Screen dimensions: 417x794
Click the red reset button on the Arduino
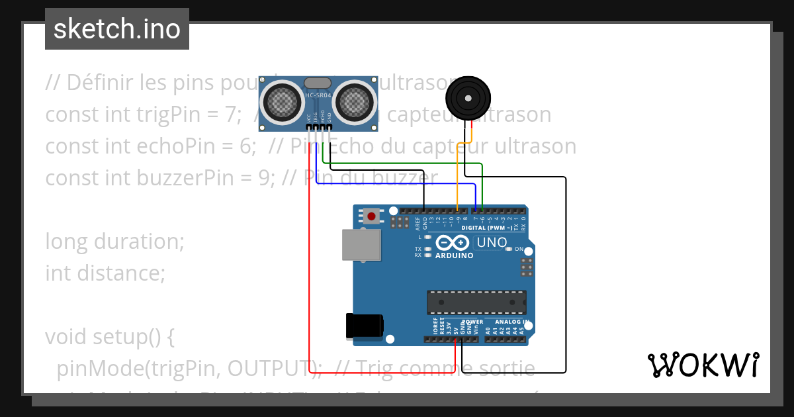tap(372, 215)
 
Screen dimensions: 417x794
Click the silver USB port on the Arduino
tap(361, 244)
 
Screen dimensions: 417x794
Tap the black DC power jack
tap(364, 326)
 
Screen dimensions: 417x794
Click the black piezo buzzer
tap(468, 99)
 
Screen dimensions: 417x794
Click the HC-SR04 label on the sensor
tap(318, 97)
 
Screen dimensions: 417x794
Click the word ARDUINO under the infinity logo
tap(455, 255)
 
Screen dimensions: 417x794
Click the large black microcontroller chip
tap(476, 301)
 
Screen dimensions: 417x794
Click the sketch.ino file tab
tap(117, 29)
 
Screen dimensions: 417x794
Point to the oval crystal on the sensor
tap(318, 83)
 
